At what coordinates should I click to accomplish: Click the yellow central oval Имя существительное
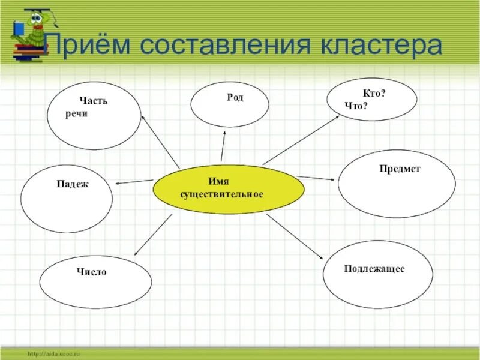228,189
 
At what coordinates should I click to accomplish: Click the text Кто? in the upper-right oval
374,94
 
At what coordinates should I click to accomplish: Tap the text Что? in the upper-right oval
356,106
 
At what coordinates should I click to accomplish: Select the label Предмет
400,169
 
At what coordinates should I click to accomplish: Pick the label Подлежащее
374,269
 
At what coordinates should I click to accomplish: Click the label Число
91,272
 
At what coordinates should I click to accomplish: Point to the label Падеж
73,184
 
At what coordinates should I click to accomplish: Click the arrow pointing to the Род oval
223,146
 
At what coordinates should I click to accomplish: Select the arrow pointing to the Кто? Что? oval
300,140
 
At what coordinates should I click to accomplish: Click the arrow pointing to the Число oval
153,235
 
